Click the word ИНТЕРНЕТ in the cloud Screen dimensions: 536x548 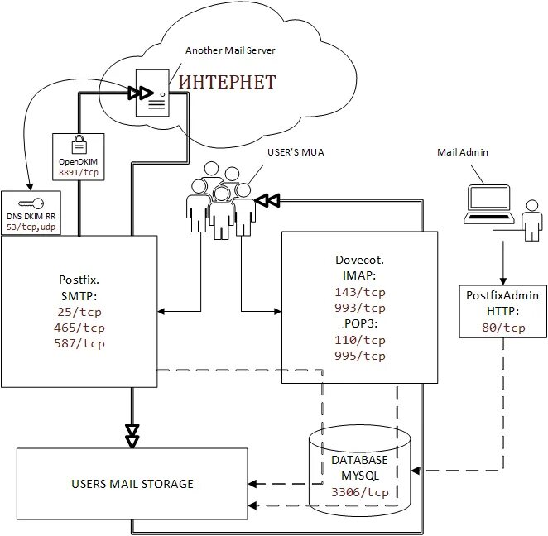coord(227,83)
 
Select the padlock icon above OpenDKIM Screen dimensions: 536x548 coord(78,144)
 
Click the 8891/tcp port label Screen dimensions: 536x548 coord(78,174)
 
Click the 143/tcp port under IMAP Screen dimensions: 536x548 coord(360,292)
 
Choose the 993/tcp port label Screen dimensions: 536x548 coord(360,308)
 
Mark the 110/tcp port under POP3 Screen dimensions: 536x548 coord(360,340)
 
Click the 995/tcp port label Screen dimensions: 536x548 coord(360,356)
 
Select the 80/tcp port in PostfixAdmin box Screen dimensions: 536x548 coord(502,328)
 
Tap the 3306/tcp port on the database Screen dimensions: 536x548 coord(359,491)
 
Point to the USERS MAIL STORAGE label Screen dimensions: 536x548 coord(132,484)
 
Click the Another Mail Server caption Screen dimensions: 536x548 coord(230,50)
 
